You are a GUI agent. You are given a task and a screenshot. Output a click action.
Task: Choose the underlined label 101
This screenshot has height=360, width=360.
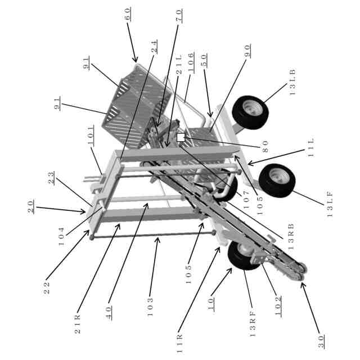[x=92, y=143]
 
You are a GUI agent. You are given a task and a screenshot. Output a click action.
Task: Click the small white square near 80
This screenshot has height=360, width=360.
[x=181, y=137]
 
